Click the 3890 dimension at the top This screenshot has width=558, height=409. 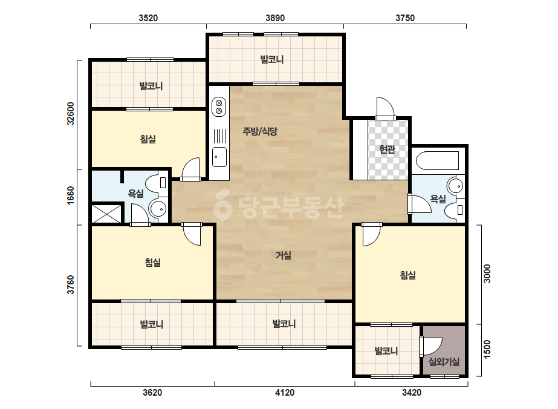coord(274,18)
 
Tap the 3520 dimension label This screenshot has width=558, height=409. coord(148,18)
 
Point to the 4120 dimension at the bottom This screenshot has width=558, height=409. coord(285,393)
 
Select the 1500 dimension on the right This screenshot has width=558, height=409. coord(487,349)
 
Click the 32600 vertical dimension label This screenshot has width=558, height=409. coord(71,114)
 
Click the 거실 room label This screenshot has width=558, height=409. coord(284,255)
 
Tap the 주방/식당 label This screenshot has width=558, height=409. coord(260,131)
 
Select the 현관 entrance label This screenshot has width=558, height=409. coord(387,149)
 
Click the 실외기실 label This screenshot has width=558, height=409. coord(444,362)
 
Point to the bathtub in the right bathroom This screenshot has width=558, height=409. coord(437,161)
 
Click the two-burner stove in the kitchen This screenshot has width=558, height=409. coord(219,107)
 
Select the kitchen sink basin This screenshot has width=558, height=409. coord(219,157)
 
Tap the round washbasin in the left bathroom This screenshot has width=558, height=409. coord(158,208)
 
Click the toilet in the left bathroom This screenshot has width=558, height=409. coord(158,182)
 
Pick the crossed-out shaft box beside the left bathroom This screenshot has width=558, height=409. coord(107,213)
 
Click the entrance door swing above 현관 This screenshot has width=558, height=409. coord(386,108)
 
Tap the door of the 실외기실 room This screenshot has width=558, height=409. coord(430,346)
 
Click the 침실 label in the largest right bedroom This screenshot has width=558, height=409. coord(408,275)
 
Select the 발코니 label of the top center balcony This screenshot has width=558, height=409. coord(272,59)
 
